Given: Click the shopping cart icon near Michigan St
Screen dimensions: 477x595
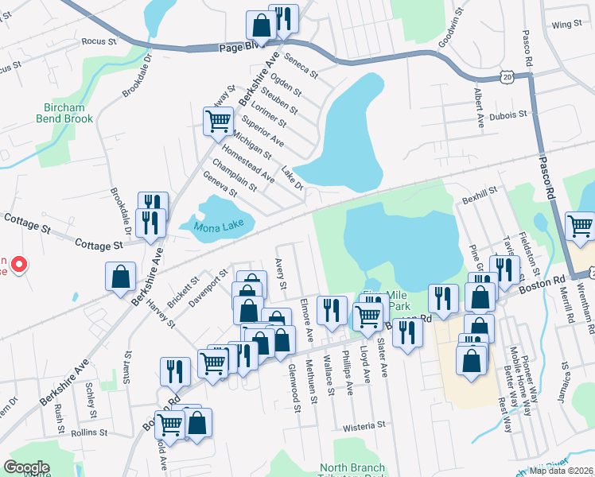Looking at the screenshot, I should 218,122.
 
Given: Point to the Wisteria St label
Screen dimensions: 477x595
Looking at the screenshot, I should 364,427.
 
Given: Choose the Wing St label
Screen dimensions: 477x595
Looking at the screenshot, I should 567,25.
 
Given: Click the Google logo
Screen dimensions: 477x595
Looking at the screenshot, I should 26,467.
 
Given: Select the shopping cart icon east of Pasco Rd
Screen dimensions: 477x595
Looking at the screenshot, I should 580,226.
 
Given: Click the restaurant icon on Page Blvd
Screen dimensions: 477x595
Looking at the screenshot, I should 283,18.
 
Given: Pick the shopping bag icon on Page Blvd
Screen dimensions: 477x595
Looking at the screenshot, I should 260,25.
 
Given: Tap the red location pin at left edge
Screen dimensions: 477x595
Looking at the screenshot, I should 19,264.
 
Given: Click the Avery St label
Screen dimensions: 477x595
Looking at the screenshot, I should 280,273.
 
